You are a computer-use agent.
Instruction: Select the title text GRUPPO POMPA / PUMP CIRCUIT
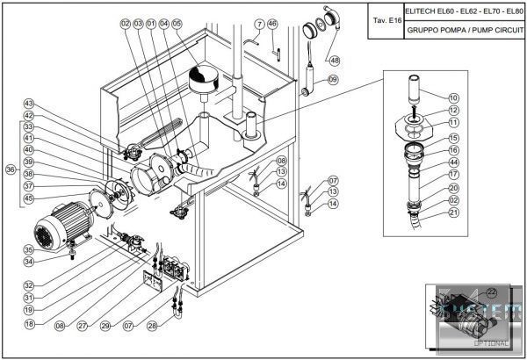465,29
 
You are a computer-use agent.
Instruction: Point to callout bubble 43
29,104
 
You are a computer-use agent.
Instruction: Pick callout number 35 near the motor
29,249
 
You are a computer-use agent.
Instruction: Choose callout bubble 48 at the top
335,61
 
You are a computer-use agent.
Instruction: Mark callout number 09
333,80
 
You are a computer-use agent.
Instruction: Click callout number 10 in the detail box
454,97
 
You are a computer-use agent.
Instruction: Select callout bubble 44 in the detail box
454,162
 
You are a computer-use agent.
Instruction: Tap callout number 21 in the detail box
454,212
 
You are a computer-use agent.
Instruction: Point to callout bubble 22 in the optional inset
491,291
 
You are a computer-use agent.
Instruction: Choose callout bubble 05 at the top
177,23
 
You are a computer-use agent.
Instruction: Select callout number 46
272,23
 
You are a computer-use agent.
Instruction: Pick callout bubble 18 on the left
29,323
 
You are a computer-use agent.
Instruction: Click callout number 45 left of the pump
29,198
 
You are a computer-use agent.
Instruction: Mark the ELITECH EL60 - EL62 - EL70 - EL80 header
465,11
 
